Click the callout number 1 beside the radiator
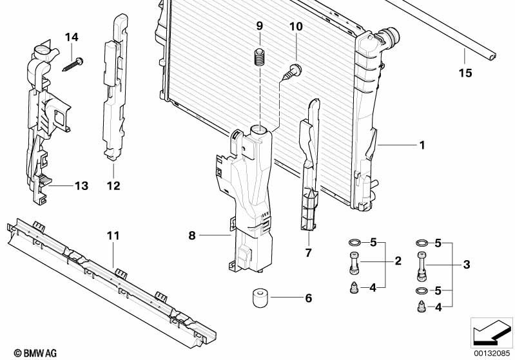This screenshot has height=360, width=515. click(422, 146)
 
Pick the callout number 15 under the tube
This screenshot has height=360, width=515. click(465, 73)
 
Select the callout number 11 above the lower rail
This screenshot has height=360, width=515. click(113, 236)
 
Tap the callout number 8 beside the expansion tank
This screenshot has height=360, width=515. click(191, 236)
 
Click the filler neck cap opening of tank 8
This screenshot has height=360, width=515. click(260, 130)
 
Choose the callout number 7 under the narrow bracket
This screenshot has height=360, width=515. click(307, 253)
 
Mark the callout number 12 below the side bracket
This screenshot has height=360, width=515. click(113, 187)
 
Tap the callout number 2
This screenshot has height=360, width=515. click(398, 261)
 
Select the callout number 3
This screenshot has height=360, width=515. click(467, 265)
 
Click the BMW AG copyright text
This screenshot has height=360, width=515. click(26, 353)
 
